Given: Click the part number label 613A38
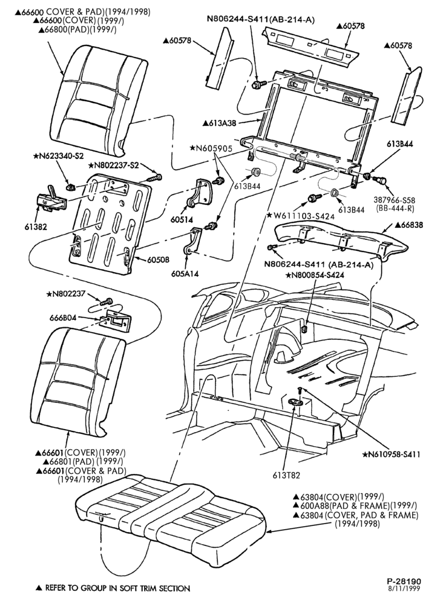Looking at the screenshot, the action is (x=221, y=123).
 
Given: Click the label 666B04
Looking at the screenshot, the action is (x=64, y=318).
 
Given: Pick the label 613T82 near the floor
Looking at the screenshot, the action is (x=286, y=475).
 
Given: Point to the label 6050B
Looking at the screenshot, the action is (x=157, y=260).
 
